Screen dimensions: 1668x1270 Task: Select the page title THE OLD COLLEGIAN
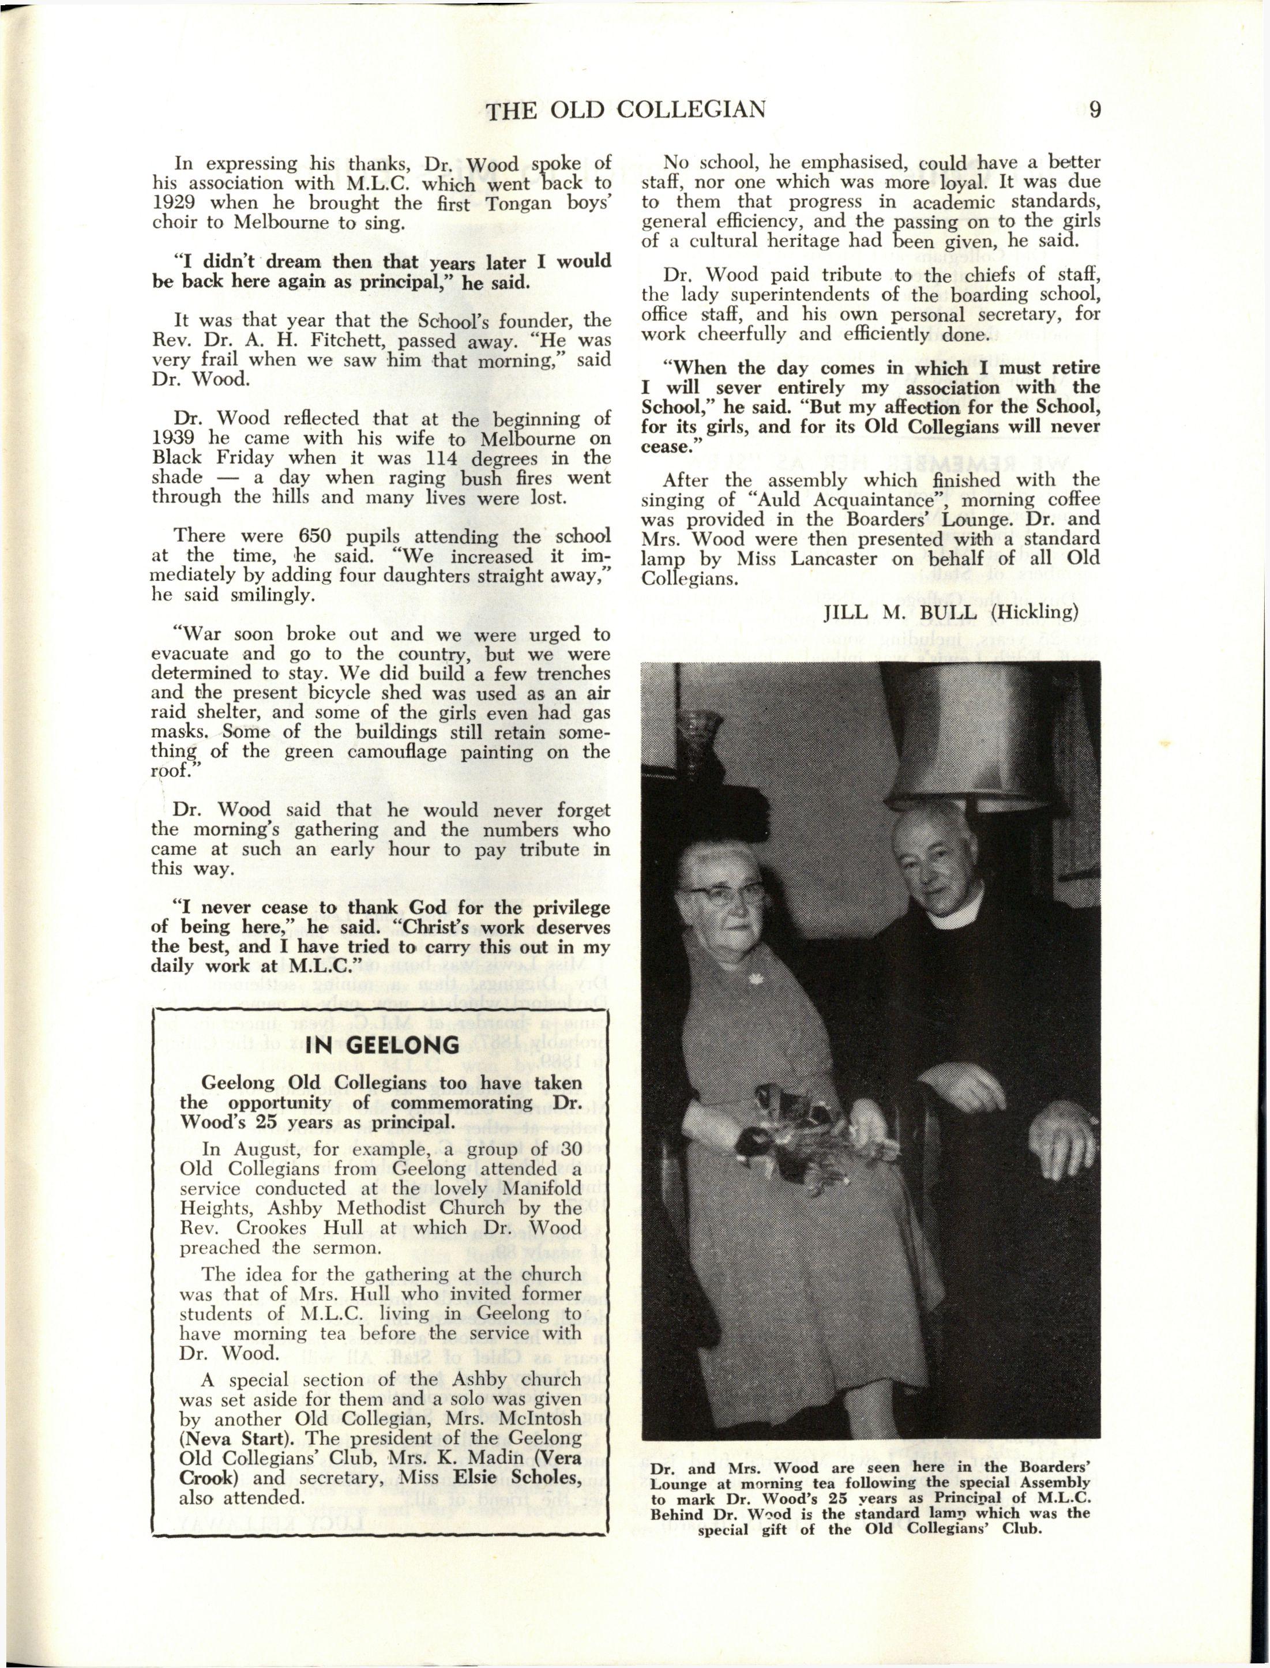tap(626, 111)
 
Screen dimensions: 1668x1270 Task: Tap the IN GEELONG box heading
tap(382, 1045)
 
